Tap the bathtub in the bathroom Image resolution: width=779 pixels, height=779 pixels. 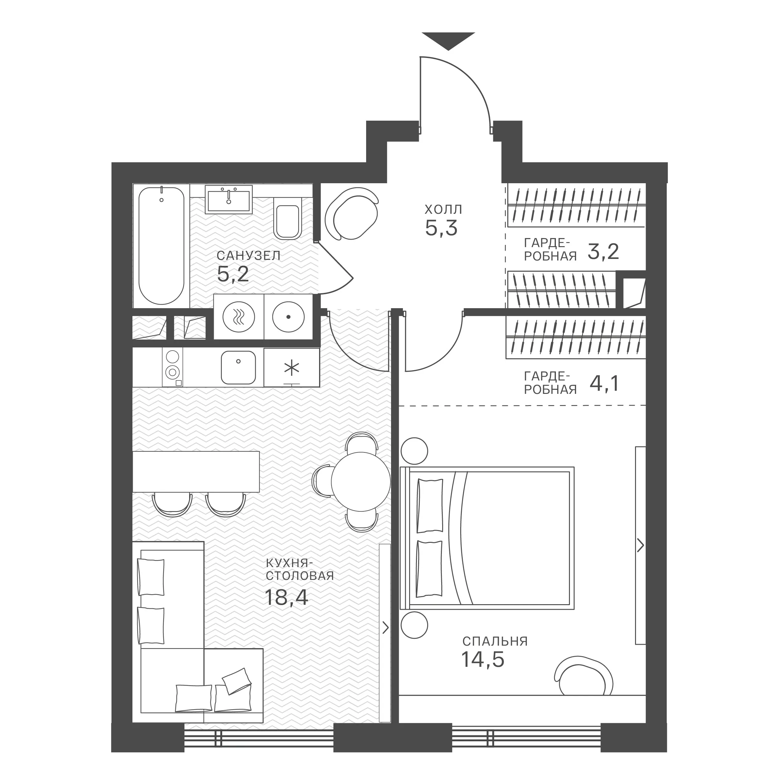[x=161, y=246]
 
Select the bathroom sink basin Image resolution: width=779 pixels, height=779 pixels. [x=229, y=199]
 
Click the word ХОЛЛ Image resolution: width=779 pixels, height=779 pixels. [x=443, y=210]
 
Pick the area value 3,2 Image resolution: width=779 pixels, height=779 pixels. [x=603, y=252]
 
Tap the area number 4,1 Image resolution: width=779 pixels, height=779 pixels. [x=604, y=384]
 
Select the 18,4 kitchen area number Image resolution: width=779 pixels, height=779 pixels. [x=286, y=597]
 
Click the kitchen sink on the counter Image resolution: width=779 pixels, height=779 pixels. [x=238, y=367]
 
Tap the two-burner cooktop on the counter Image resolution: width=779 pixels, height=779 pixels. [x=173, y=367]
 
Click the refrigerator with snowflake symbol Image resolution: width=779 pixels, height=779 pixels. [x=292, y=367]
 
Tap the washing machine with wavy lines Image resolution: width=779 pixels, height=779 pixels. [x=239, y=317]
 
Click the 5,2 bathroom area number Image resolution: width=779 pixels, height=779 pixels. [x=233, y=274]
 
